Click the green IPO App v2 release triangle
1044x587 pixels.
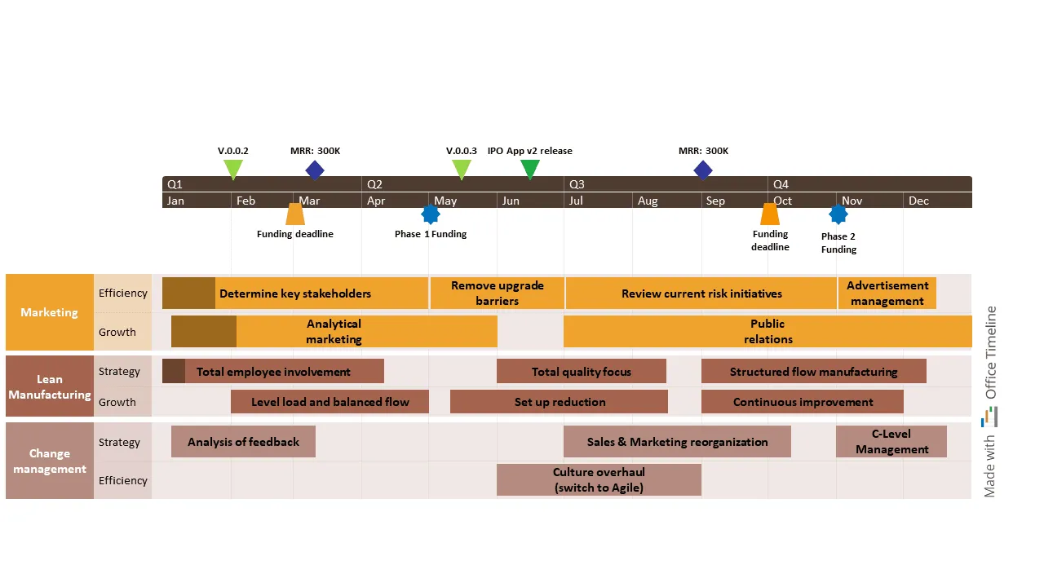click(x=530, y=169)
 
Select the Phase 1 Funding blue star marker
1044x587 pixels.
click(x=431, y=214)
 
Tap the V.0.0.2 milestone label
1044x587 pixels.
click(x=233, y=151)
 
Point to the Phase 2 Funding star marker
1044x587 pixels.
click(x=838, y=214)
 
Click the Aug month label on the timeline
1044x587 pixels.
click(x=648, y=201)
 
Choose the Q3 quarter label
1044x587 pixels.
click(x=577, y=184)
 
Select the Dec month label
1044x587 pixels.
click(x=918, y=201)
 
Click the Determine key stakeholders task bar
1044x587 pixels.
click(x=295, y=293)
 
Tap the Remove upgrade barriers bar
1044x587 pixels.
click(x=497, y=293)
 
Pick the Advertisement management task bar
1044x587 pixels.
click(x=887, y=293)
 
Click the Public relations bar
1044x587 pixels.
click(x=767, y=332)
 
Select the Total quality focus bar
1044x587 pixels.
click(x=581, y=372)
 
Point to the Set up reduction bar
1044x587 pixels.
click(x=560, y=402)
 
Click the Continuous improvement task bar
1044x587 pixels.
click(x=803, y=402)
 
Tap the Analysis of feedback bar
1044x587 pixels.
click(x=243, y=442)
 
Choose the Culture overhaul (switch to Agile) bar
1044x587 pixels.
click(x=599, y=480)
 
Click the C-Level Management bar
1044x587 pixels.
click(x=891, y=442)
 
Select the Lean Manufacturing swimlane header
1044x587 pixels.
click(x=50, y=386)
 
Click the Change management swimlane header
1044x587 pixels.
click(x=50, y=461)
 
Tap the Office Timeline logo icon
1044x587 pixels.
click(x=989, y=417)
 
